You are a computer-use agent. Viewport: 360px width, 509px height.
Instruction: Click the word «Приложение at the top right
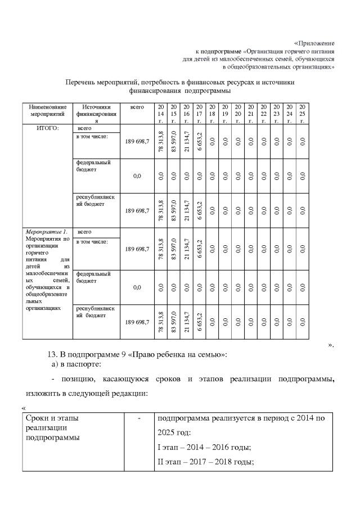coord(314,43)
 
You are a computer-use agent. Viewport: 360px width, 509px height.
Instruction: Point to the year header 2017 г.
coord(199,114)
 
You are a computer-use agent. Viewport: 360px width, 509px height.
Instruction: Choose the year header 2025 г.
coord(302,114)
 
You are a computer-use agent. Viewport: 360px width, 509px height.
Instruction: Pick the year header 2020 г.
coord(237,114)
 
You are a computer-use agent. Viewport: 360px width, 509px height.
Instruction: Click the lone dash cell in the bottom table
coord(138,419)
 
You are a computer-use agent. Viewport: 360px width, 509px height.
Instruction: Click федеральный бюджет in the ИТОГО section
coord(93,165)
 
